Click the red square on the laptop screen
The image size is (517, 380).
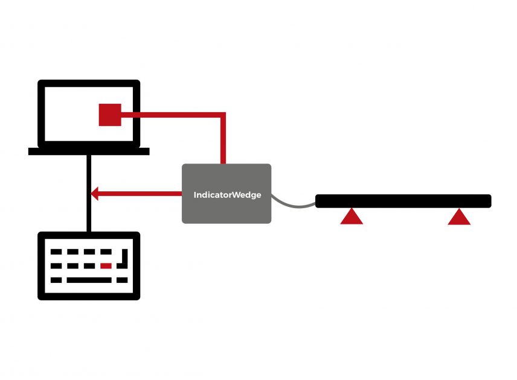(110, 115)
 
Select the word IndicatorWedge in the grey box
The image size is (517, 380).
(227, 195)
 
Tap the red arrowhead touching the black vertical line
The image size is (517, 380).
(94, 194)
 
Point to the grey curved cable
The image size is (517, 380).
(293, 204)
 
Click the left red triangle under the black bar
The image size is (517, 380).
(352, 217)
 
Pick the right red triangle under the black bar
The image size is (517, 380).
(459, 217)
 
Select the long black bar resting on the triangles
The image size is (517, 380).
(403, 201)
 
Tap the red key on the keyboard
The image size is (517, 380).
(106, 266)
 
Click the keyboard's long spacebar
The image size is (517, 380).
(89, 280)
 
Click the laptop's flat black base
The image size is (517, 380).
(89, 151)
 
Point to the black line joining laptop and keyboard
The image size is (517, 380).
(89, 193)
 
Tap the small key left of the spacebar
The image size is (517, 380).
(56, 280)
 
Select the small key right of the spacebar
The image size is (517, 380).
(122, 280)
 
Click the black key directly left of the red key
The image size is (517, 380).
(89, 266)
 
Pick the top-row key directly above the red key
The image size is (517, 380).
(106, 252)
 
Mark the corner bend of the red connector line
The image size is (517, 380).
(223, 115)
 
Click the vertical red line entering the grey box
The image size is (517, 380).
(223, 138)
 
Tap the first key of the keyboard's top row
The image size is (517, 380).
(56, 252)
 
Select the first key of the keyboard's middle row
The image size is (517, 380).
(56, 266)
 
